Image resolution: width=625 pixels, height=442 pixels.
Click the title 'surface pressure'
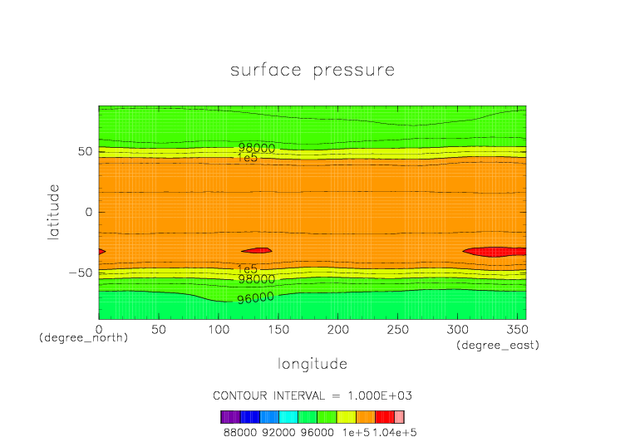pyautogui.click(x=312, y=70)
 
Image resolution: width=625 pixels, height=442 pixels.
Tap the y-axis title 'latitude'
pyautogui.click(x=54, y=212)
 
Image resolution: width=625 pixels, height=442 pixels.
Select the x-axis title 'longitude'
pyautogui.click(x=312, y=363)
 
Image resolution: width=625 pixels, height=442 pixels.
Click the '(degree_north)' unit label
pyautogui.click(x=83, y=339)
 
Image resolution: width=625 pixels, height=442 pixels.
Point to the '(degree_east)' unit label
pyautogui.click(x=498, y=345)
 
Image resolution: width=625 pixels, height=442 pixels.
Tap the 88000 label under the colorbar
pyautogui.click(x=239, y=431)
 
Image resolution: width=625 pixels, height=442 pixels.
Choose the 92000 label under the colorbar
pyautogui.click(x=278, y=431)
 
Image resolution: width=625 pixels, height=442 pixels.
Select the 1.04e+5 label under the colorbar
pyautogui.click(x=386, y=431)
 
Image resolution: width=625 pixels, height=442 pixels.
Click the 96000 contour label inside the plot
pyautogui.click(x=255, y=297)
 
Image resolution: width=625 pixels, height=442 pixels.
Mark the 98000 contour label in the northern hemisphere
pyautogui.click(x=256, y=148)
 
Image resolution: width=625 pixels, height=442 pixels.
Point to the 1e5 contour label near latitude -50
pyautogui.click(x=248, y=269)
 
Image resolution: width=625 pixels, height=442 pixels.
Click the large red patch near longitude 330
pyautogui.click(x=495, y=252)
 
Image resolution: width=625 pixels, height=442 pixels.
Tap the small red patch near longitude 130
pyautogui.click(x=258, y=250)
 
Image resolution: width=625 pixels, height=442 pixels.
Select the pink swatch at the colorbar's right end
pyautogui.click(x=399, y=417)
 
